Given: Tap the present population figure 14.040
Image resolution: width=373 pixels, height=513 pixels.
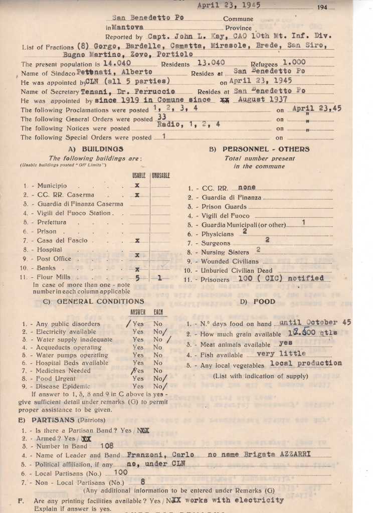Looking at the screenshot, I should click(117, 63).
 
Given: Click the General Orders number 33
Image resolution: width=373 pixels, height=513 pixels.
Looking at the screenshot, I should click(161, 116).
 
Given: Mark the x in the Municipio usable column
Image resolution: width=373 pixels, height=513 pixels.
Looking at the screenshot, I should click(137, 185).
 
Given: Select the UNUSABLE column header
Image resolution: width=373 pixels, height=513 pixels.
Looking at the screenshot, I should click(160, 175).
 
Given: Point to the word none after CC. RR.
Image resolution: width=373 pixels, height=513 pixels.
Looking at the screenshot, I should click(247, 187).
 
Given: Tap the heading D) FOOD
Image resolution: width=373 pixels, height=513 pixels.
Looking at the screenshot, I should click(251, 301).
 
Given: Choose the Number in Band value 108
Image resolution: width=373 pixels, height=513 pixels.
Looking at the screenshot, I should click(107, 445).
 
